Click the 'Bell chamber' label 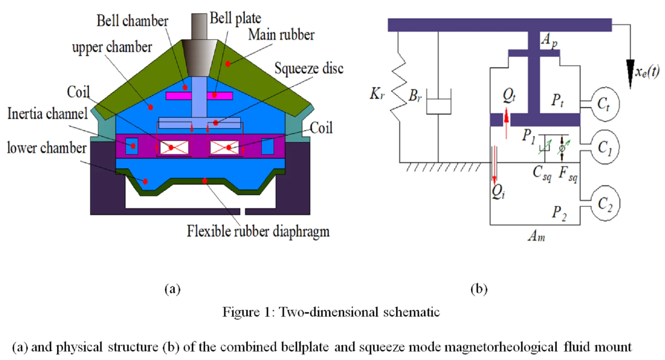click(132, 21)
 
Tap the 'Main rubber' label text click(281, 35)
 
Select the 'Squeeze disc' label click(309, 68)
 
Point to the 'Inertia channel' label click(47, 114)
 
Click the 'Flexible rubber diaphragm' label click(258, 231)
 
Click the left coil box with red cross click(174, 147)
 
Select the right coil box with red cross click(224, 147)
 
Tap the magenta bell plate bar click(199, 96)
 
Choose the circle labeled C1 click(604, 147)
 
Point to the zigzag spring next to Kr click(399, 91)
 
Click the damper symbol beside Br click(438, 102)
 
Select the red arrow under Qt click(506, 122)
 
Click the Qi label click(498, 192)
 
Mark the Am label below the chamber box click(536, 236)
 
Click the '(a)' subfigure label click(172, 289)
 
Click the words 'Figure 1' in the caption click(246, 312)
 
